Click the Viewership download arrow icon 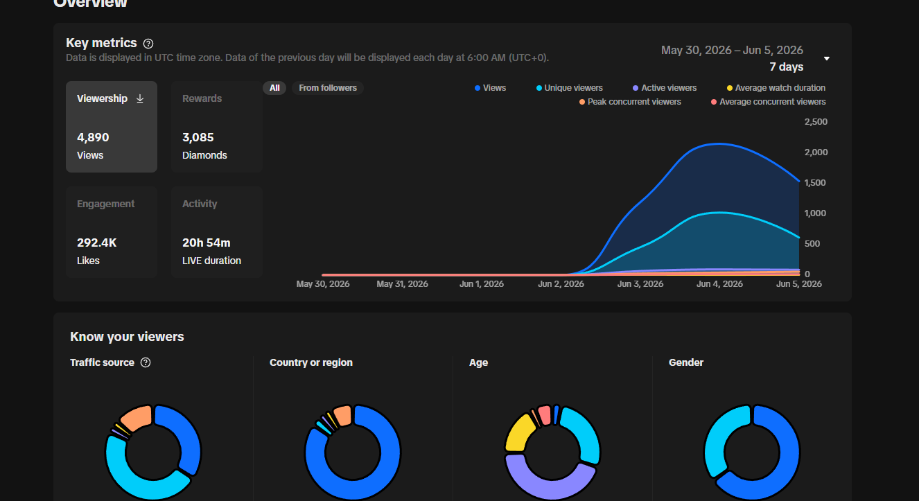(x=140, y=98)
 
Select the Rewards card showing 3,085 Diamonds (x=217, y=127)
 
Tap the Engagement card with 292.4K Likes (x=112, y=232)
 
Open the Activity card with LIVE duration (x=217, y=232)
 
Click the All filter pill (x=274, y=88)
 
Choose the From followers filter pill (x=328, y=88)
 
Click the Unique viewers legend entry (x=570, y=88)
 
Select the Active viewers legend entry (x=665, y=88)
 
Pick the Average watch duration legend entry (x=776, y=88)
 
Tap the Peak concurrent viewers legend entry (x=630, y=102)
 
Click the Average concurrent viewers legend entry (x=769, y=102)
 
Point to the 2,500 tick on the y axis (x=816, y=122)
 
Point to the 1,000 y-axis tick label (x=815, y=213)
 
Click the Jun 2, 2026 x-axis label (x=561, y=284)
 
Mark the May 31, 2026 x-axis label (x=402, y=284)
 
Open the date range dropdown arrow (x=827, y=59)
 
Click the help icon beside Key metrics (x=148, y=44)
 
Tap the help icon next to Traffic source (x=146, y=362)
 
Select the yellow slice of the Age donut (x=518, y=434)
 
